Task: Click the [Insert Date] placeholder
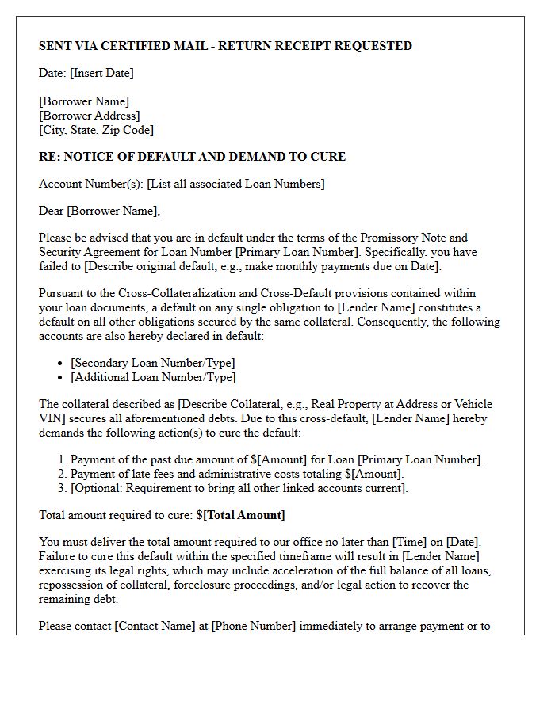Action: click(101, 73)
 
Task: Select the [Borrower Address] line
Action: click(89, 116)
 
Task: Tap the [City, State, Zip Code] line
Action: click(96, 130)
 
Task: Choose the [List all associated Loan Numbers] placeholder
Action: click(235, 184)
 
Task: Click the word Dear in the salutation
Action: click(52, 211)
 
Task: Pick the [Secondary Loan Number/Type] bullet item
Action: click(153, 363)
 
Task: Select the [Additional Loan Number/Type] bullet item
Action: click(153, 377)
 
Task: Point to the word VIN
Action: click(52, 418)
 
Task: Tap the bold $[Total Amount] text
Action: click(241, 515)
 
